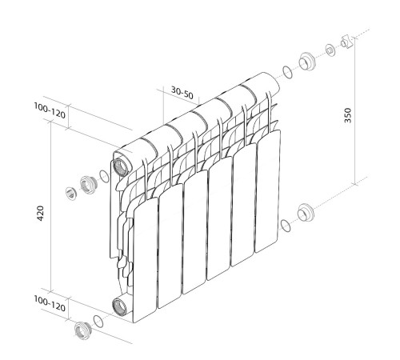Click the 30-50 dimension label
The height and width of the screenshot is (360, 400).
point(182,92)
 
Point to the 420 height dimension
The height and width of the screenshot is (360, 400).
point(41,214)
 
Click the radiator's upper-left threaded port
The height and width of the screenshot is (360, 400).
point(122,166)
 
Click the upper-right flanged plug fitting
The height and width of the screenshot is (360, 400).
point(306,62)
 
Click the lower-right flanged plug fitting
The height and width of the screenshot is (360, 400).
point(305,214)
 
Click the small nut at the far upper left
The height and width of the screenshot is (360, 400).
point(70,192)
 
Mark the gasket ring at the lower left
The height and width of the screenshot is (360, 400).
point(98,321)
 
